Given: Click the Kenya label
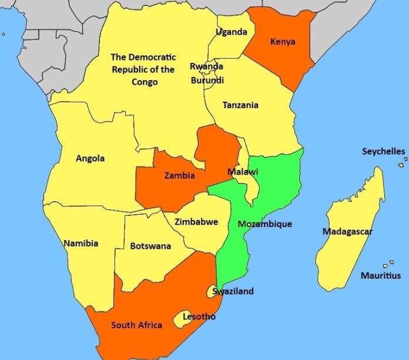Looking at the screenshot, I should tap(282, 42).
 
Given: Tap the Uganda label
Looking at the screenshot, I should tap(231, 32).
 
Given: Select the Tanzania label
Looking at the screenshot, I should tap(240, 105).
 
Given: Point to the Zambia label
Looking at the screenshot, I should tap(180, 175).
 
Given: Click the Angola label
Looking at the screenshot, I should tap(90, 158).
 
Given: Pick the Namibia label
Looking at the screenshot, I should tap(81, 243).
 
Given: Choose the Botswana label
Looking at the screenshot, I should tap(150, 246).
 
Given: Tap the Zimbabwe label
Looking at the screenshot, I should tap(196, 222).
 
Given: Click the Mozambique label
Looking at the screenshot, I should tap(264, 224).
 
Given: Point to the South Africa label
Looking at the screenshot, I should tap(137, 325).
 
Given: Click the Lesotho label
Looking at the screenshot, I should tap(199, 316).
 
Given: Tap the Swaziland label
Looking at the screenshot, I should tap(233, 291).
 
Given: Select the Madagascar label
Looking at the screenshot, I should tap(347, 231).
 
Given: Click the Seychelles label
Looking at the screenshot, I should tap(383, 151).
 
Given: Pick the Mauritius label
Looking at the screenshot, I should tap(381, 275).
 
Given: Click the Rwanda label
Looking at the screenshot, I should tap(206, 66).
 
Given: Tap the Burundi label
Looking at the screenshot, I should tap(207, 80).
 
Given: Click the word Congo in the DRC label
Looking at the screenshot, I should tap(145, 82).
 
